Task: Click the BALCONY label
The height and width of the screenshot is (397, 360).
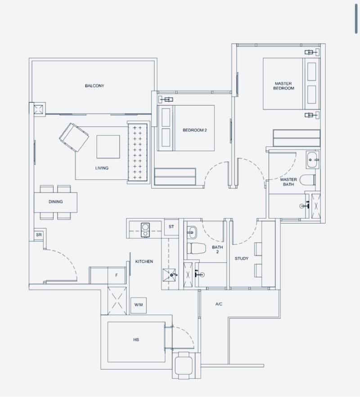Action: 94,86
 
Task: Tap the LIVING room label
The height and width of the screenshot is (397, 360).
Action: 102,168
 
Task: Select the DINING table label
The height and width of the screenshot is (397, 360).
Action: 56,202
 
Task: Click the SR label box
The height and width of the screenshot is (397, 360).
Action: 39,235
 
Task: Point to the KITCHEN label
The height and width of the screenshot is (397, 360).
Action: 144,261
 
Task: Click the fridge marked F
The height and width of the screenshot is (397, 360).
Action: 117,275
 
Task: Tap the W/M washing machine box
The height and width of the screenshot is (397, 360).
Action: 139,305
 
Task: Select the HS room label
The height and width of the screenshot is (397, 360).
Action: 136,339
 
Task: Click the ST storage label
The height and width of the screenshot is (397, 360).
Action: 171,226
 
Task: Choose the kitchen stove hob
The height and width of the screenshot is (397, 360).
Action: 145,230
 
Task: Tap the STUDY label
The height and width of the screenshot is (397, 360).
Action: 242,258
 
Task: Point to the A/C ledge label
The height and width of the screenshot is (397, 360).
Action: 219,304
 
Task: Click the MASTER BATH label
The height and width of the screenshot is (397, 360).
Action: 288,182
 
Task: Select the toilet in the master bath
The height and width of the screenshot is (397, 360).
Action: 308,180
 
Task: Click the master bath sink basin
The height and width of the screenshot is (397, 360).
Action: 313,159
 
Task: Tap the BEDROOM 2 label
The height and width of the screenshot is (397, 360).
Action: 195,130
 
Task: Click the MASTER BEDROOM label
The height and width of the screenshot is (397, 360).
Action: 283,86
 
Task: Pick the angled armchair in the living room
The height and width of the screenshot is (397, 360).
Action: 74,137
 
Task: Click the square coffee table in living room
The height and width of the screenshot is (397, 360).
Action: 108,147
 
